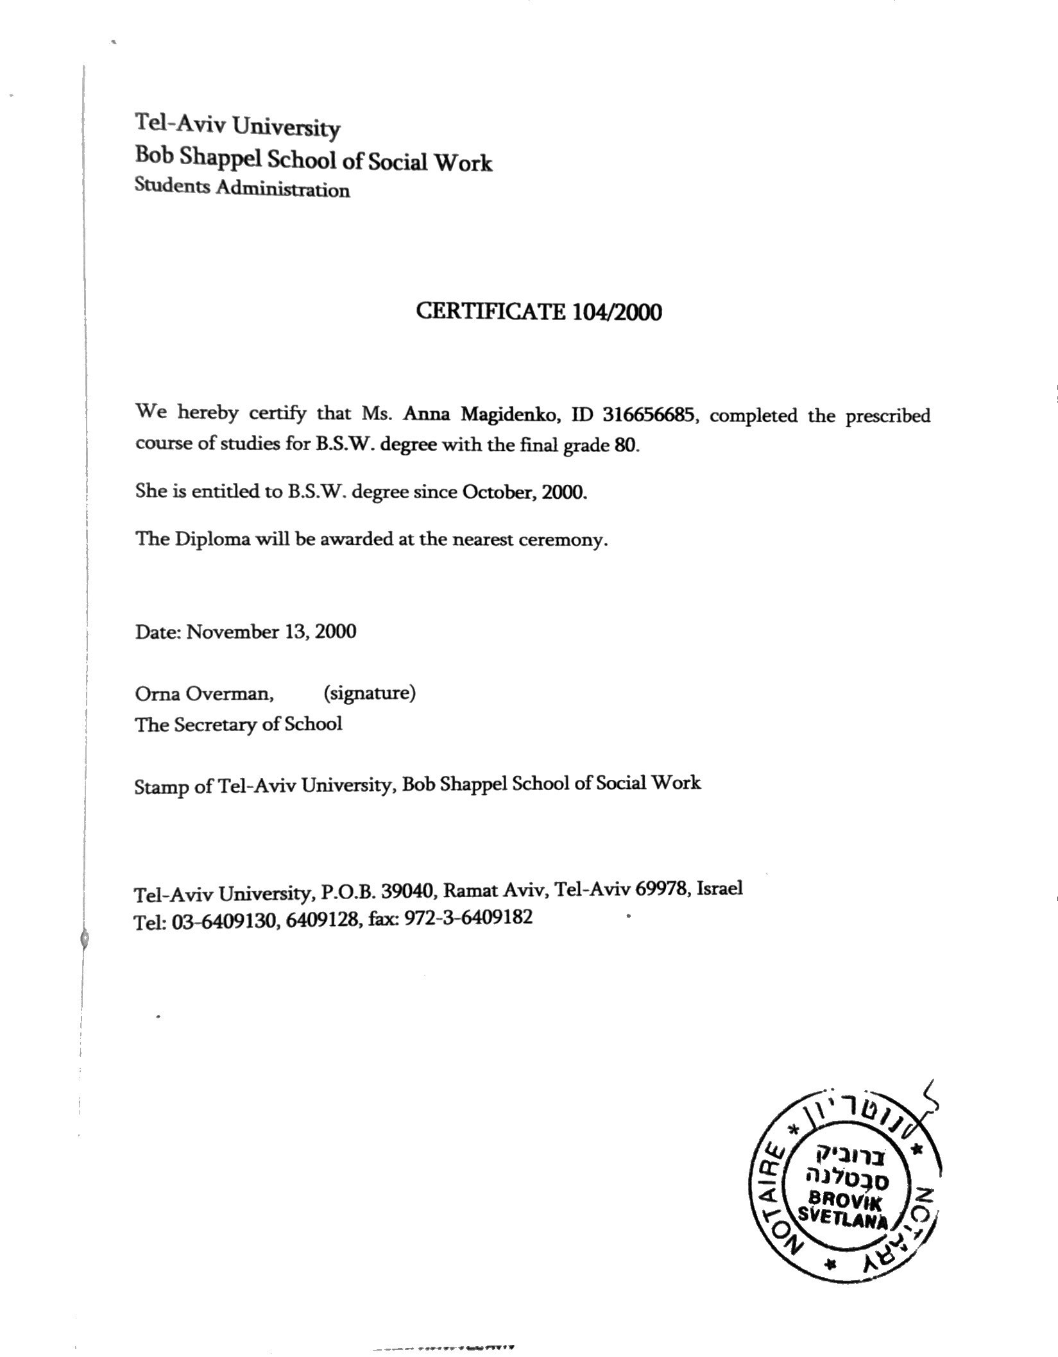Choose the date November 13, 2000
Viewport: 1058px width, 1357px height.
click(271, 632)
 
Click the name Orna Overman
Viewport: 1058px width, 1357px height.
click(204, 693)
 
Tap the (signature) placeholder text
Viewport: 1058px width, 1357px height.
click(370, 693)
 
